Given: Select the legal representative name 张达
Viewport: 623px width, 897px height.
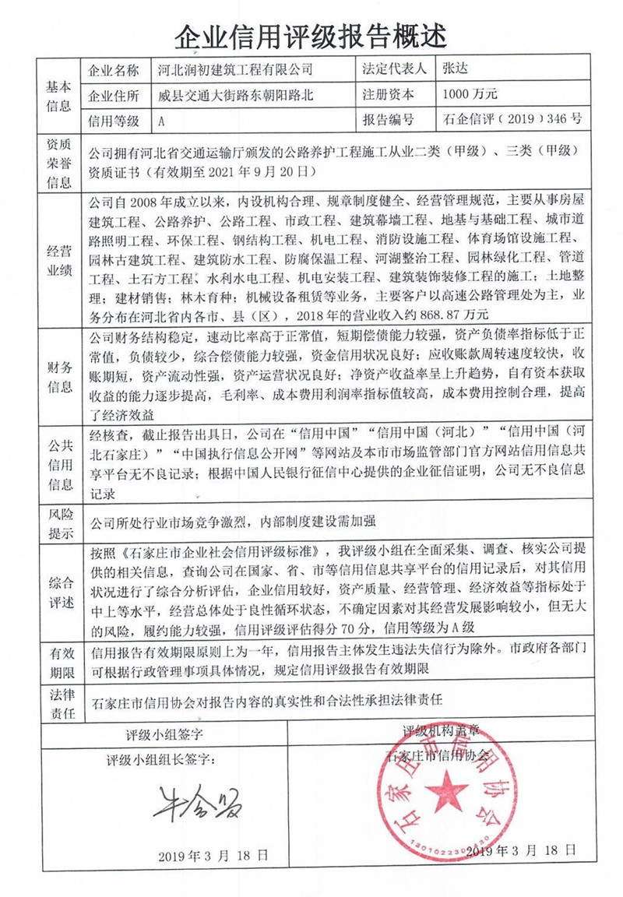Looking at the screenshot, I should [454, 70].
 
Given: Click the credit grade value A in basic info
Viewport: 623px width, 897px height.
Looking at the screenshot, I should [161, 121].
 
